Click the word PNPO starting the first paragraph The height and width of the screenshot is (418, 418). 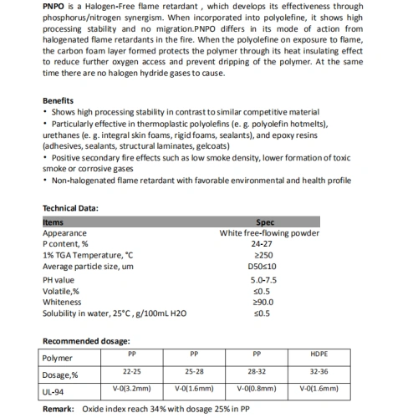pos(56,8)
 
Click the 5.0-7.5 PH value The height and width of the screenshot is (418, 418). pos(263,280)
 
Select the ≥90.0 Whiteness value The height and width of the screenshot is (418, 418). pos(263,302)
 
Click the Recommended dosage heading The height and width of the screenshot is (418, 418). pos(86,341)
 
